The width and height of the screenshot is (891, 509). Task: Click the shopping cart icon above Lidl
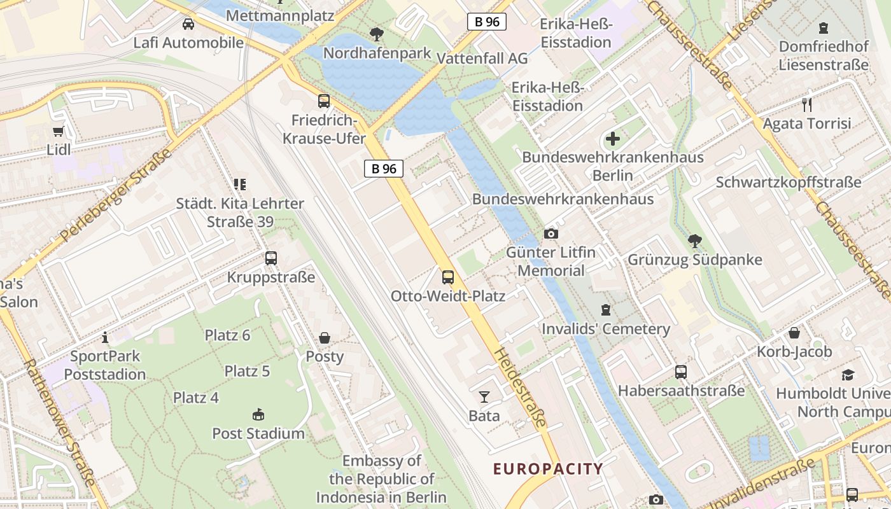click(x=59, y=131)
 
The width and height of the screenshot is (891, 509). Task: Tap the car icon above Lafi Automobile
click(x=188, y=24)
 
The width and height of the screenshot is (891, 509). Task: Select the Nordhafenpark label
click(x=377, y=53)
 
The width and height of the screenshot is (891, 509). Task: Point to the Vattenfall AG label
click(x=482, y=58)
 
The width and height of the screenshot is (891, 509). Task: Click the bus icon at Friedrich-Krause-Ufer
click(x=324, y=101)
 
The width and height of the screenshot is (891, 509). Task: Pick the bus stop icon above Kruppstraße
click(x=271, y=258)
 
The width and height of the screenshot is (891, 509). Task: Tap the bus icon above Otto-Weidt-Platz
click(x=448, y=277)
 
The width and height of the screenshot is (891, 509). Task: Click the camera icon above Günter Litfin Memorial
click(x=551, y=234)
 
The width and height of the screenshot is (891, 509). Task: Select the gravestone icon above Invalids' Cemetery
click(x=606, y=310)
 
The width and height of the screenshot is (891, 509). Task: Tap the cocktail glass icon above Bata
click(x=484, y=397)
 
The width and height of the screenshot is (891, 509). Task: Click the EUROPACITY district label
click(x=548, y=470)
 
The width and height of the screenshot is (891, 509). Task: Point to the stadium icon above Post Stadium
click(x=258, y=415)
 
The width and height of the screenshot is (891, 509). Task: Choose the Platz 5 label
click(x=247, y=371)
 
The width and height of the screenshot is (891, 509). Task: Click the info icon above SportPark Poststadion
click(x=105, y=337)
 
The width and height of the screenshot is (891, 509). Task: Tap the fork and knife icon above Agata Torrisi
click(x=807, y=104)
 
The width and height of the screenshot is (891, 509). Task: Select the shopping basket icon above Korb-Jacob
click(x=794, y=333)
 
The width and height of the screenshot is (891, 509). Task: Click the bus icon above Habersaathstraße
click(x=681, y=372)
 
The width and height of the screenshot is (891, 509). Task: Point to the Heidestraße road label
click(x=521, y=387)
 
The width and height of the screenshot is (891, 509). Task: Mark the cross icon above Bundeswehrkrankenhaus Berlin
click(x=613, y=139)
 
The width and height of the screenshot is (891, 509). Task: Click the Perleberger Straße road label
click(x=117, y=195)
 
